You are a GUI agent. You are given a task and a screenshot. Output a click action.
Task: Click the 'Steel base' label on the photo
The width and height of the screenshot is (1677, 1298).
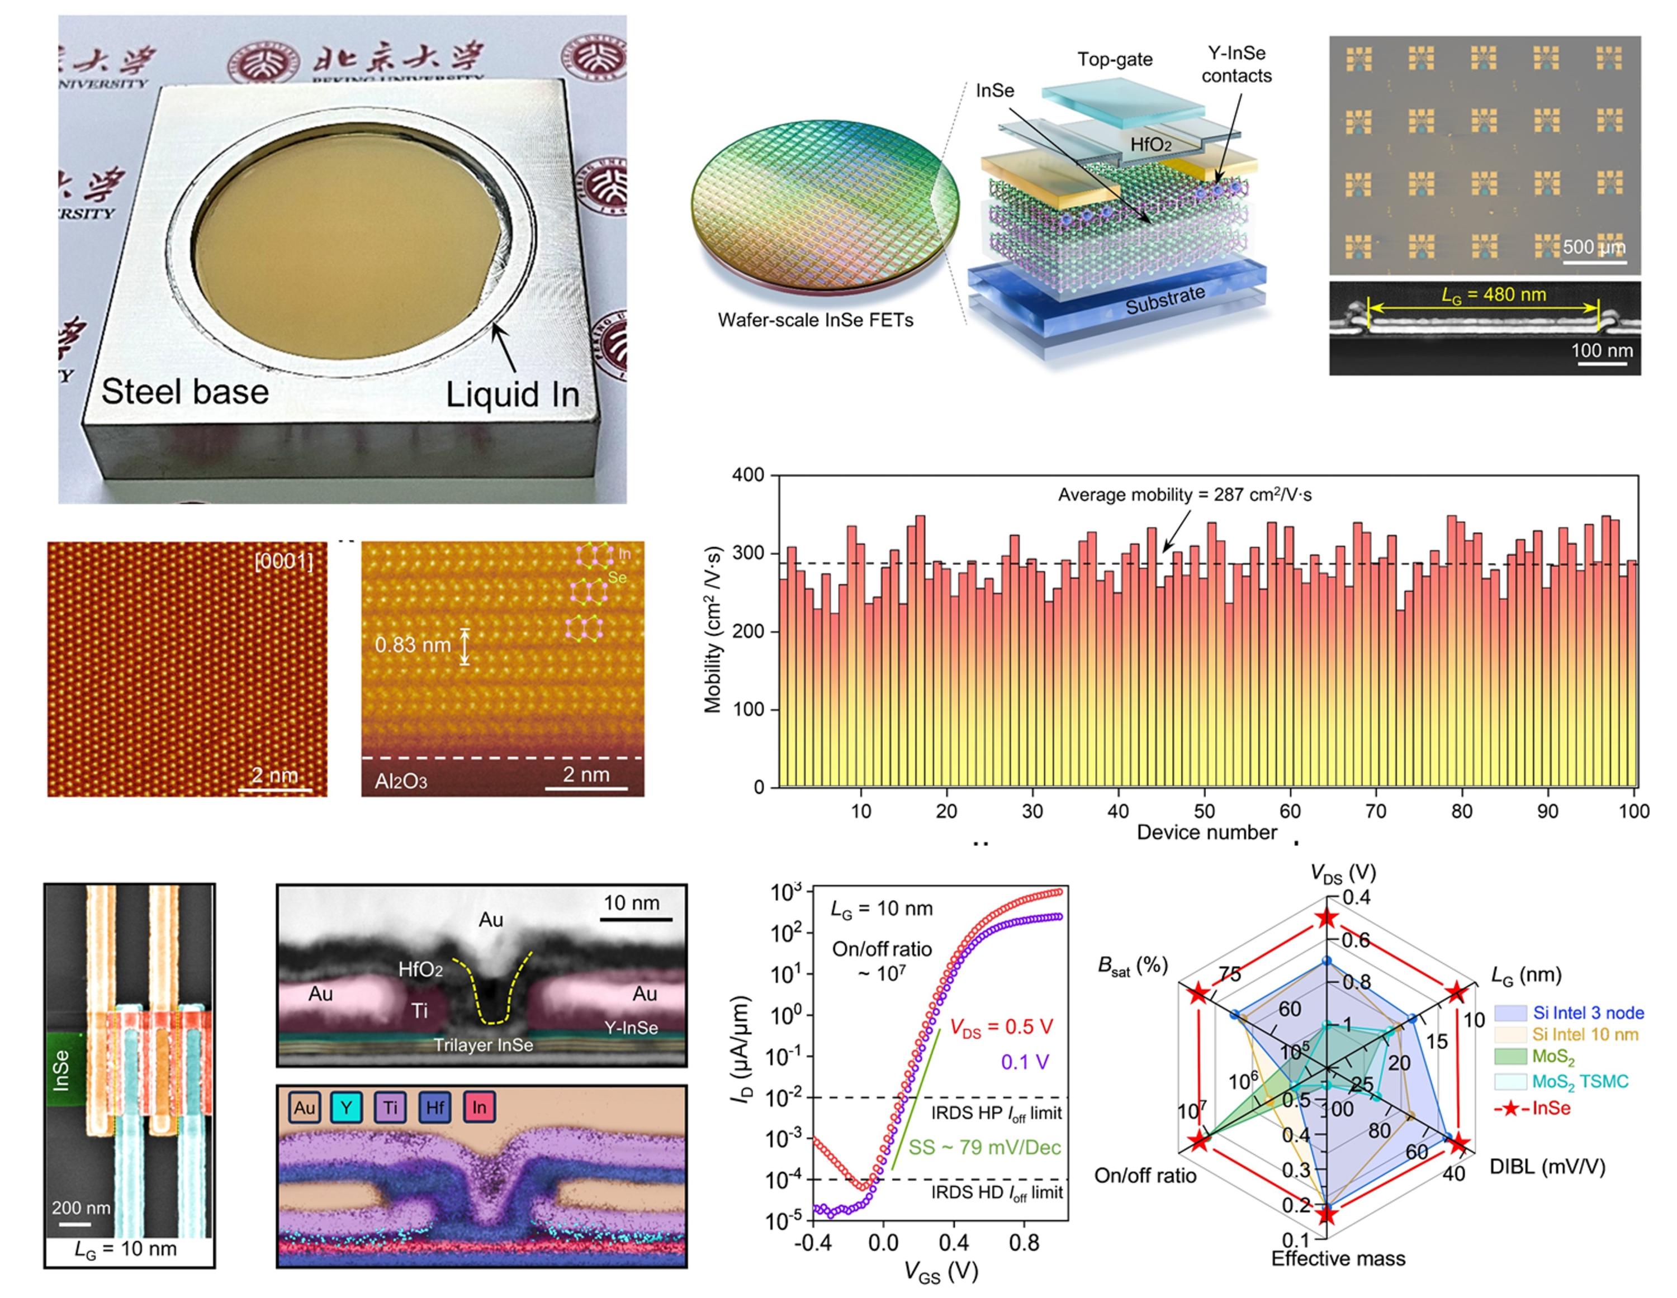[x=185, y=392]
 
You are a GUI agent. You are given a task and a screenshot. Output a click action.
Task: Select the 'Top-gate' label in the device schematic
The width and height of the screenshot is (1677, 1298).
[x=1115, y=59]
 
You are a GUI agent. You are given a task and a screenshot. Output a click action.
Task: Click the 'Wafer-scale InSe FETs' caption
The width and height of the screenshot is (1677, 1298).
[x=816, y=320]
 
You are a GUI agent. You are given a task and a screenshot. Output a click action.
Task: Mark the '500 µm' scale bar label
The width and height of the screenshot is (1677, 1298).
[x=1594, y=247]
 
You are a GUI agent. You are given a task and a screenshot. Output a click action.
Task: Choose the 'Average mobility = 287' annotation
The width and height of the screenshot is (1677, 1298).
[x=1185, y=495]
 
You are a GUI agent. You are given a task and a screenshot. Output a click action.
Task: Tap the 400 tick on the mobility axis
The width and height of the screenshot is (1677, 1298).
[x=748, y=475]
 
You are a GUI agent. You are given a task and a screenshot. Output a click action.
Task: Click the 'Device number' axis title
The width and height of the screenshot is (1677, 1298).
[x=1206, y=832]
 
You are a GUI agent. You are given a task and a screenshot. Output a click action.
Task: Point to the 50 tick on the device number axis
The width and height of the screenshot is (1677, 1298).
[x=1204, y=811]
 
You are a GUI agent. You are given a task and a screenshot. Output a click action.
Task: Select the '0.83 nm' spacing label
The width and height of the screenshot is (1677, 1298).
[x=413, y=645]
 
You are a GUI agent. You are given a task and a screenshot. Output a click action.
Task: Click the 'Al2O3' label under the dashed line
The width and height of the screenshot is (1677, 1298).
[x=400, y=781]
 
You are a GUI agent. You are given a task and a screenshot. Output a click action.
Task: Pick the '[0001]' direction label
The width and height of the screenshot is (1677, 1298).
[x=283, y=562]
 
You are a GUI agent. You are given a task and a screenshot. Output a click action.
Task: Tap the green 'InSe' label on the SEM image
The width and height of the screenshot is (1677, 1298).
[x=61, y=1070]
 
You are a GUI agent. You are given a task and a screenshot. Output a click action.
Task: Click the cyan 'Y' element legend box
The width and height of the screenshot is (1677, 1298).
[x=347, y=1107]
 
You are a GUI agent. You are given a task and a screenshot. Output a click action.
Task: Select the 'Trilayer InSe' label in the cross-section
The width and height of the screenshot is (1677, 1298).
[x=483, y=1045]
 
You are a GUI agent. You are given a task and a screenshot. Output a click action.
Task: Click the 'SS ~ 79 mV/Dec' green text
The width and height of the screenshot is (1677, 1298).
[x=984, y=1148]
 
